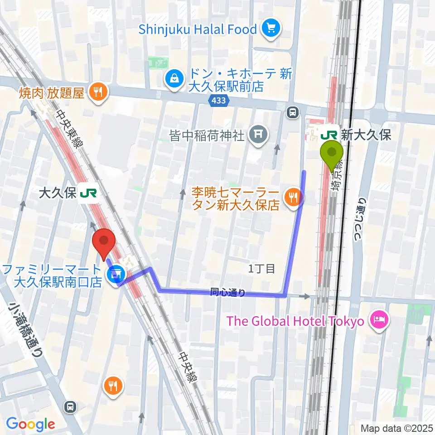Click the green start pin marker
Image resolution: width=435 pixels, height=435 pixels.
point(332,153)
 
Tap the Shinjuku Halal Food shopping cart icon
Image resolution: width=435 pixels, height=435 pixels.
point(271,29)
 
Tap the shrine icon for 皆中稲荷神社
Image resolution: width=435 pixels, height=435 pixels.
point(258,135)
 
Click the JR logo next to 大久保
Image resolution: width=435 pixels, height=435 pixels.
point(88,194)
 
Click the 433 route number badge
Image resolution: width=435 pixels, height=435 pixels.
point(218,101)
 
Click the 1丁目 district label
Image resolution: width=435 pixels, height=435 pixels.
point(261,269)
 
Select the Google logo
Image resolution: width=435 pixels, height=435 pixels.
point(30,424)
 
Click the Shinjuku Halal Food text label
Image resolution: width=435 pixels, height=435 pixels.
point(198,30)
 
